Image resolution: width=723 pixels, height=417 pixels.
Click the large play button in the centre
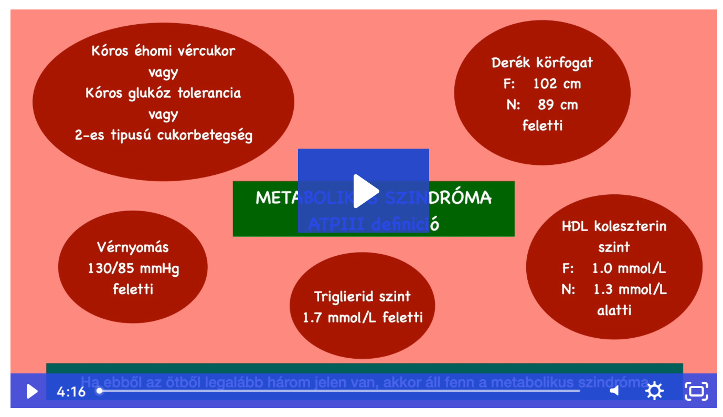tap(364, 191)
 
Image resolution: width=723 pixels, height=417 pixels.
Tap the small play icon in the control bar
tap(32, 391)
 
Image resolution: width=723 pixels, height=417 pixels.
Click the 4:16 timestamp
tap(71, 392)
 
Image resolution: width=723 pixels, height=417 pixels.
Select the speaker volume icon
tap(614, 391)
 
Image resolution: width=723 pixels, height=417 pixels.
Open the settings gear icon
tap(654, 391)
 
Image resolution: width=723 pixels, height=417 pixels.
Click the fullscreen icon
tap(696, 391)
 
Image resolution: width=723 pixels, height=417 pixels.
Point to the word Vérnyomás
tap(133, 247)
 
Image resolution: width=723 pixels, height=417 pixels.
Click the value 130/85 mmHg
tap(133, 269)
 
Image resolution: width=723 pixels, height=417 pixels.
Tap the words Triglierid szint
tap(362, 297)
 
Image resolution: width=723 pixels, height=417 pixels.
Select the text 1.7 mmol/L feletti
tap(363, 318)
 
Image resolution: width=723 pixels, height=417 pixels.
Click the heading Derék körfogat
tap(542, 63)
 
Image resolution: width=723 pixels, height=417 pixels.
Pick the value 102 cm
tap(557, 84)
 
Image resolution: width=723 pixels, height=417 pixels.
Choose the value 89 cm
tap(558, 105)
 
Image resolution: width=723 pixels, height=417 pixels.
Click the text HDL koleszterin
tap(614, 226)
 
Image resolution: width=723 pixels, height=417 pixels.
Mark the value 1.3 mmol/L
tap(630, 289)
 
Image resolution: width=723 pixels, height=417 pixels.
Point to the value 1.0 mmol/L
tap(629, 268)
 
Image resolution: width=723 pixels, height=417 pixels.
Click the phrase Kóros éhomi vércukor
tap(163, 51)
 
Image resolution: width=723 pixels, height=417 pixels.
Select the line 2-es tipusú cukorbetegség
tap(163, 135)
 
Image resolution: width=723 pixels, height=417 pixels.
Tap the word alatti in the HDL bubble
tap(614, 310)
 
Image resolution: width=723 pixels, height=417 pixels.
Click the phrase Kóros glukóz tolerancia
tap(163, 93)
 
